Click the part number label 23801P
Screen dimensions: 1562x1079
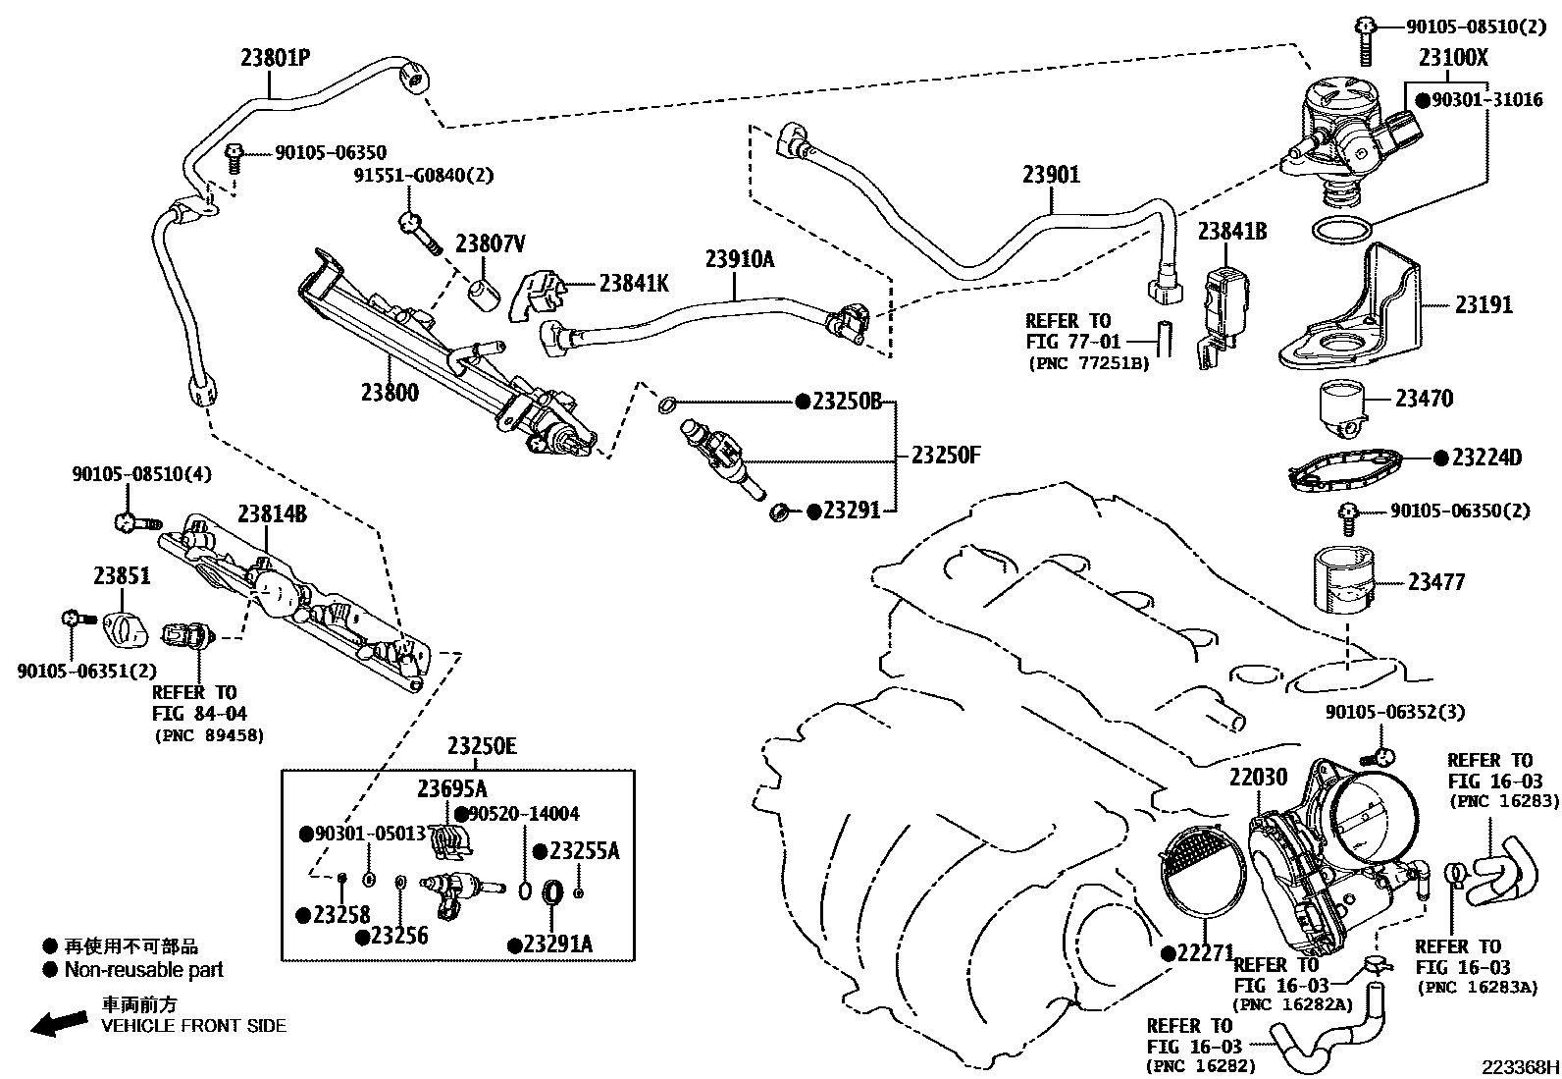pyautogui.click(x=276, y=57)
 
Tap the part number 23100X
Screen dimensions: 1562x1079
pyautogui.click(x=1453, y=57)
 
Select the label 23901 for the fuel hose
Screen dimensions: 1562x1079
pyautogui.click(x=1052, y=175)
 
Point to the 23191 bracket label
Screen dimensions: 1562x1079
pyautogui.click(x=1484, y=305)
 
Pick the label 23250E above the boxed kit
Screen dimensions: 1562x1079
pyautogui.click(x=482, y=746)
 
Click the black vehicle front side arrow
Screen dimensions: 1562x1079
pyautogui.click(x=59, y=1023)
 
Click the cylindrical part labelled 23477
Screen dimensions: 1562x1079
pyautogui.click(x=1344, y=581)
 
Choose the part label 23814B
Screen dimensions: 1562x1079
pyautogui.click(x=272, y=513)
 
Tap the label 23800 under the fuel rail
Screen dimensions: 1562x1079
pyautogui.click(x=390, y=393)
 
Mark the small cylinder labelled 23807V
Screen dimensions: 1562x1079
pyautogui.click(x=484, y=296)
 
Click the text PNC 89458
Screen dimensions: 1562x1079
pyautogui.click(x=209, y=735)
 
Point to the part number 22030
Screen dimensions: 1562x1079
pyautogui.click(x=1258, y=777)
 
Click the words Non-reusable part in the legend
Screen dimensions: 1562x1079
pyautogui.click(x=143, y=969)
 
